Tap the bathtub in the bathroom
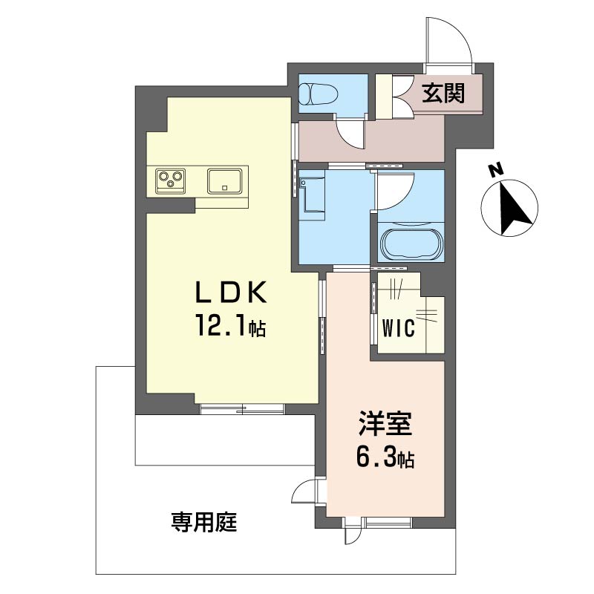411,243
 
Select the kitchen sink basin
224,181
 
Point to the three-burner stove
170,180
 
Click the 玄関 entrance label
443,94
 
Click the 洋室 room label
385,425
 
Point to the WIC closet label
399,328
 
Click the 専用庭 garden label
204,522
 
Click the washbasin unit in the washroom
311,195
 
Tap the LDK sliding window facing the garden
242,408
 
